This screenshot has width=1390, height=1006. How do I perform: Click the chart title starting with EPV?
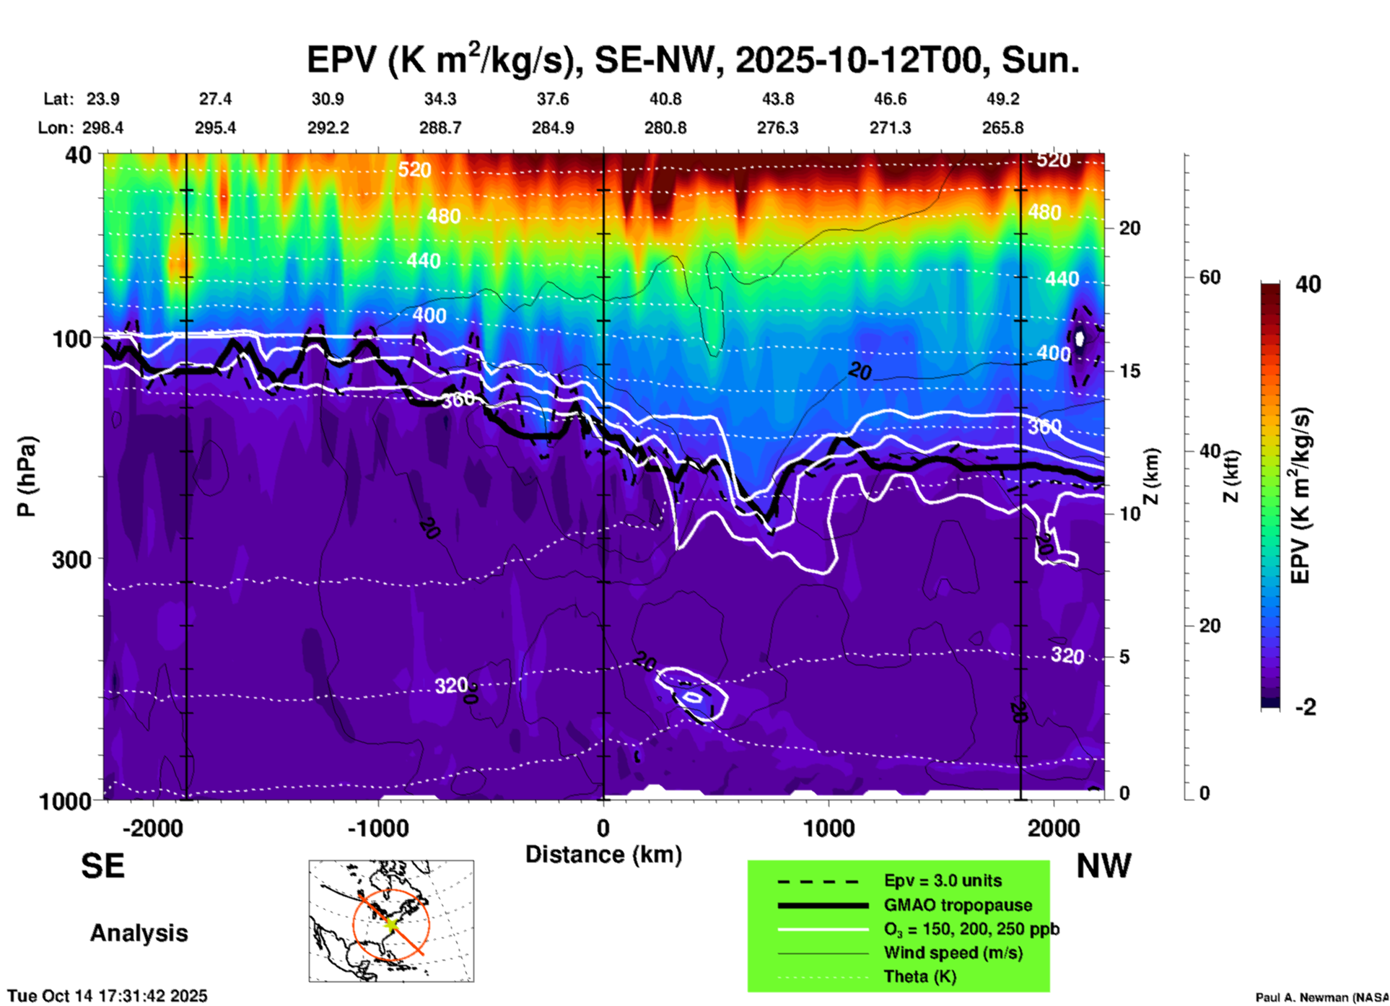(693, 59)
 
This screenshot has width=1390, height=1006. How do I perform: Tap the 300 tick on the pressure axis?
(71, 559)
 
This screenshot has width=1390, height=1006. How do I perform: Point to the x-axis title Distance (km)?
(603, 854)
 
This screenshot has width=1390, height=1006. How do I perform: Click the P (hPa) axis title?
(27, 476)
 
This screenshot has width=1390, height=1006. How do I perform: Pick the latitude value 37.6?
(553, 99)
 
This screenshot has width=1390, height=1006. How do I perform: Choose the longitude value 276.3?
(777, 128)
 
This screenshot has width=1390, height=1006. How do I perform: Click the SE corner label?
(102, 866)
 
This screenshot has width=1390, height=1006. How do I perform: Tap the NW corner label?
(1103, 866)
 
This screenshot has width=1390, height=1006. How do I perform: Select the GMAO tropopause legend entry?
(958, 905)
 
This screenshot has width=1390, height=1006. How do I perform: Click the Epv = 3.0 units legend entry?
(943, 880)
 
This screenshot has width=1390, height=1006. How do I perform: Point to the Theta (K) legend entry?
(919, 976)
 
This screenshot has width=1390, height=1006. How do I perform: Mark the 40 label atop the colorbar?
(1308, 284)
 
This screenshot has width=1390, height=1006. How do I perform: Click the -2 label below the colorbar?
(1306, 707)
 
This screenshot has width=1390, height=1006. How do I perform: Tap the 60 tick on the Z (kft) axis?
(1210, 277)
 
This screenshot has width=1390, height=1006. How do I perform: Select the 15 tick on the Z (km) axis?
(1129, 371)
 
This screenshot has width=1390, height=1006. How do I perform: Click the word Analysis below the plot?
(139, 933)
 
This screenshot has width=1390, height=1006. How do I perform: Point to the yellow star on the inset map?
(390, 923)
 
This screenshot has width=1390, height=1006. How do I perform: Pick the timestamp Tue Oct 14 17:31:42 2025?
(108, 996)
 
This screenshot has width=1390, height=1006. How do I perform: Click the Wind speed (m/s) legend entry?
(953, 953)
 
